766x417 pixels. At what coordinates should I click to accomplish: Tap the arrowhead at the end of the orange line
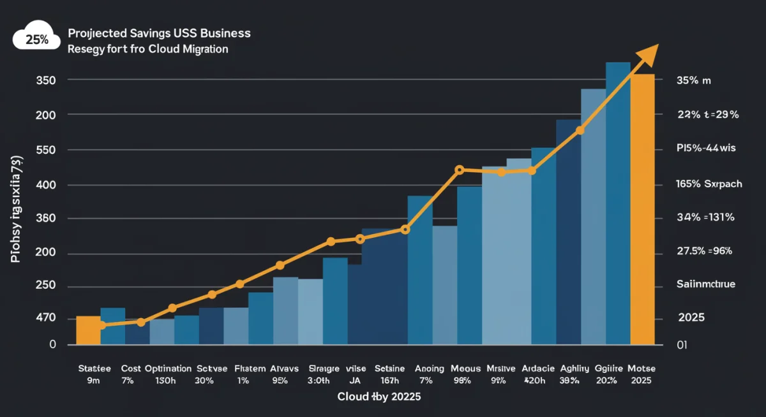650,54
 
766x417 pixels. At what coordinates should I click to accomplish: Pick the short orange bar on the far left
88,330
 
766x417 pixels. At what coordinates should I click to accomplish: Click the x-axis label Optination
168,369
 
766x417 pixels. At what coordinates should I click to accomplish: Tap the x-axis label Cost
130,369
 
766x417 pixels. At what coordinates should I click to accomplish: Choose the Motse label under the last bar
642,369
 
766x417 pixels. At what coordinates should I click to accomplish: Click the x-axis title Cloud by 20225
379,396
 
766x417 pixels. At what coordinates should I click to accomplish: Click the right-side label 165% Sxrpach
709,184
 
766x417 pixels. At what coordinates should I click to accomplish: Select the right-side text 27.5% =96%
703,251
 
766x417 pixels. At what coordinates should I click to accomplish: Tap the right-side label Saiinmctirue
705,284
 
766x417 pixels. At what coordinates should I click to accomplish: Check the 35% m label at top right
693,81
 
